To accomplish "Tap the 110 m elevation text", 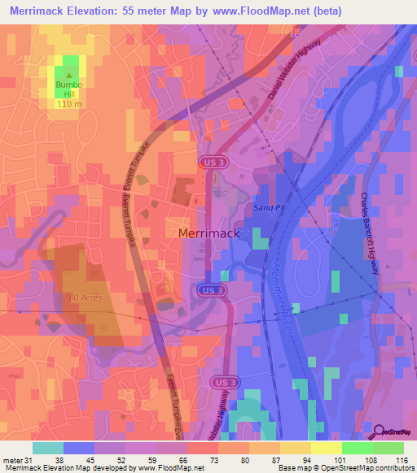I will tap(70, 104).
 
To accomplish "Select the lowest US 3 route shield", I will tap(226, 381).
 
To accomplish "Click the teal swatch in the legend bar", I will tap(48, 448).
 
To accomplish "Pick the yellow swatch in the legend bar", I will tap(326, 448).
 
